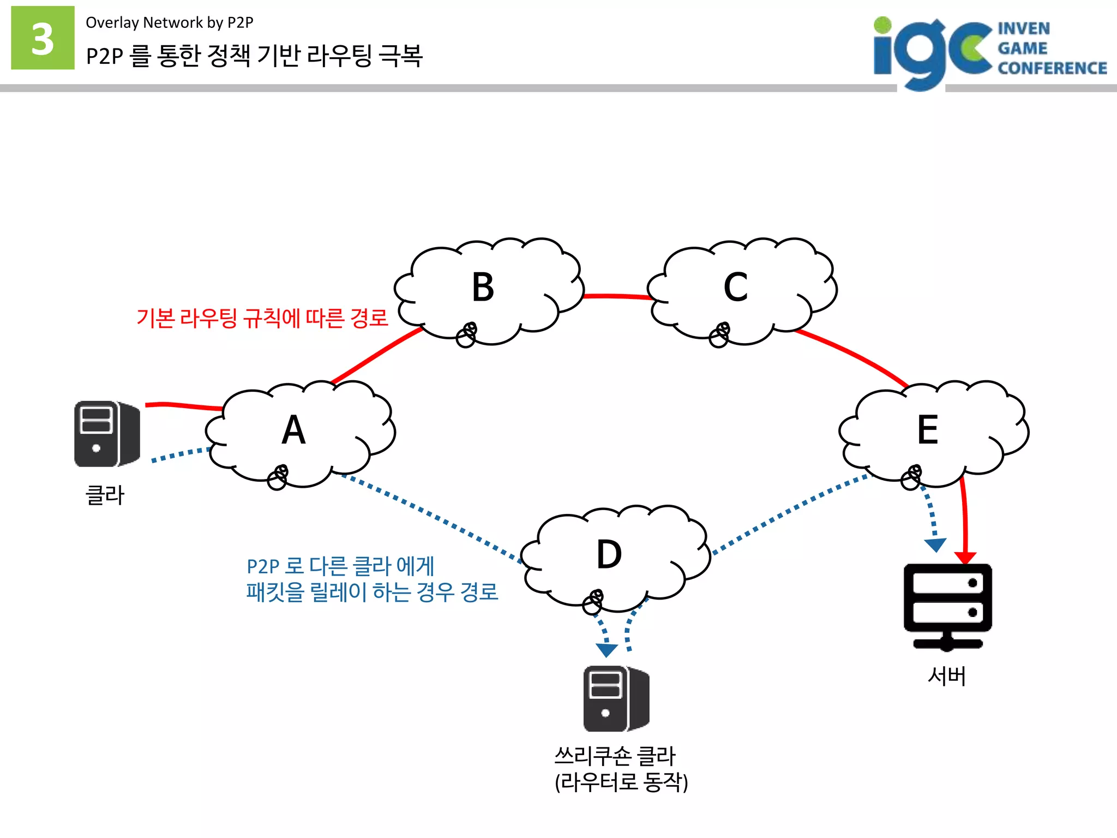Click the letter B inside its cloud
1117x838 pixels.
pyautogui.click(x=483, y=287)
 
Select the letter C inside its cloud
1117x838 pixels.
pyautogui.click(x=735, y=287)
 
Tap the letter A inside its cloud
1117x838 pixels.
pyautogui.click(x=293, y=430)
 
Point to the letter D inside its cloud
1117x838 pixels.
pyautogui.click(x=609, y=554)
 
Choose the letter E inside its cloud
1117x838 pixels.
pyautogui.click(x=927, y=430)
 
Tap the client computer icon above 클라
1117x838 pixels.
pyautogui.click(x=107, y=434)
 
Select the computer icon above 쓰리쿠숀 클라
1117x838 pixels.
pyautogui.click(x=616, y=698)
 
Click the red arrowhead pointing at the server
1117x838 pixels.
pyautogui.click(x=965, y=558)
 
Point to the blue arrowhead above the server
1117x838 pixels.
pyautogui.click(x=935, y=544)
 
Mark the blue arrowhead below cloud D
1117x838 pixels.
pyautogui.click(x=606, y=650)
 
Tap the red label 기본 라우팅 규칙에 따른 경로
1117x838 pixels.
pyautogui.click(x=262, y=318)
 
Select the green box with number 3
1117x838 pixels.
pyautogui.click(x=43, y=38)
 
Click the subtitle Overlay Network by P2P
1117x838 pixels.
pyautogui.click(x=169, y=22)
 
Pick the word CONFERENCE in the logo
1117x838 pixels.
pyautogui.click(x=1052, y=68)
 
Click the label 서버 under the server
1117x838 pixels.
pyautogui.click(x=947, y=676)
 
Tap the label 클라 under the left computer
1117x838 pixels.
pyautogui.click(x=105, y=495)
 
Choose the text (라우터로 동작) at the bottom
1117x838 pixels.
pyautogui.click(x=621, y=782)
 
